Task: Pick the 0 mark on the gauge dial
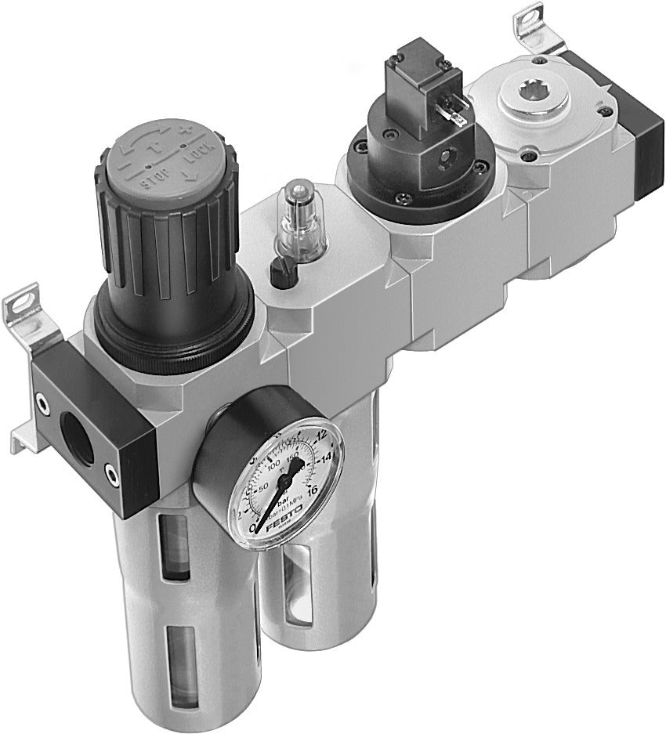[252, 530]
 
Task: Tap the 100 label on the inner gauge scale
[273, 467]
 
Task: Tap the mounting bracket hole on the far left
[22, 300]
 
